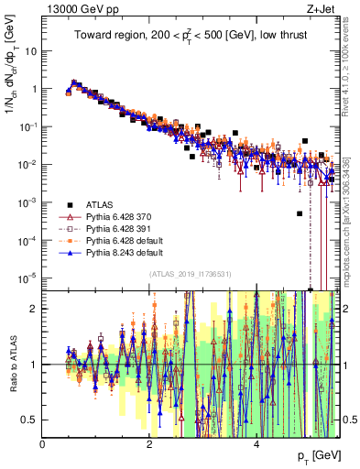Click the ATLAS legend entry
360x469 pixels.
pyautogui.click(x=99, y=203)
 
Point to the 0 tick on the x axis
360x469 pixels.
pyautogui.click(x=43, y=443)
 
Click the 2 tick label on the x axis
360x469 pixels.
pyautogui.click(x=149, y=443)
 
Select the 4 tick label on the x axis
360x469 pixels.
pyautogui.click(x=256, y=443)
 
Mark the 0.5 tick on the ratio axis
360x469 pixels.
pyautogui.click(x=30, y=420)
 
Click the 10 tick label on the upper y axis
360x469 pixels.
pyautogui.click(x=29, y=51)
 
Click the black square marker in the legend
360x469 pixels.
pyautogui.click(x=70, y=203)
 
